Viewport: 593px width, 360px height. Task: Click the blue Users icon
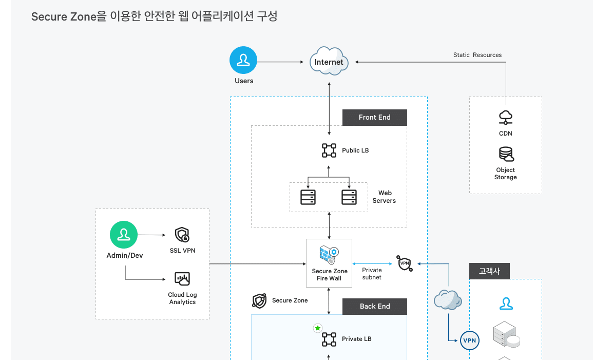tap(243, 61)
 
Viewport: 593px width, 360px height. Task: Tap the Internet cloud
tap(329, 62)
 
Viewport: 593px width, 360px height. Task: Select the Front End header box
tap(374, 117)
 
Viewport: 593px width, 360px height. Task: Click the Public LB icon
tap(329, 150)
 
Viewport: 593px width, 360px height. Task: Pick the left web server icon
tap(308, 197)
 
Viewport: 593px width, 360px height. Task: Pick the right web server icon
tap(349, 197)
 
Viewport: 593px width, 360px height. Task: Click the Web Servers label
tap(384, 197)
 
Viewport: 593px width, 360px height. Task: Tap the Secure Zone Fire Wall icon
tap(329, 254)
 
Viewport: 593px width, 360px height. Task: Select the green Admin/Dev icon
tap(124, 235)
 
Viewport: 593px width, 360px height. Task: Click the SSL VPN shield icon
tap(182, 235)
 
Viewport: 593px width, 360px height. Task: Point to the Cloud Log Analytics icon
tap(182, 279)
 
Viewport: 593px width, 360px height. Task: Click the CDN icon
tap(506, 118)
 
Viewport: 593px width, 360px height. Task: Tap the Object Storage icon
tap(506, 154)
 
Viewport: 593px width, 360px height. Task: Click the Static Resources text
tap(477, 55)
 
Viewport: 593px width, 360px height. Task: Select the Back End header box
tap(374, 306)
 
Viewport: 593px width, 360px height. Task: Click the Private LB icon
tap(329, 339)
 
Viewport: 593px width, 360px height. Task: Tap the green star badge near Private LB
tap(318, 328)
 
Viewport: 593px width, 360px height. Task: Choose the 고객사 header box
tap(489, 271)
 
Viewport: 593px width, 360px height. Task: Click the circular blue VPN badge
tap(469, 340)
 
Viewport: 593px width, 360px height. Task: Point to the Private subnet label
tap(372, 274)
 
